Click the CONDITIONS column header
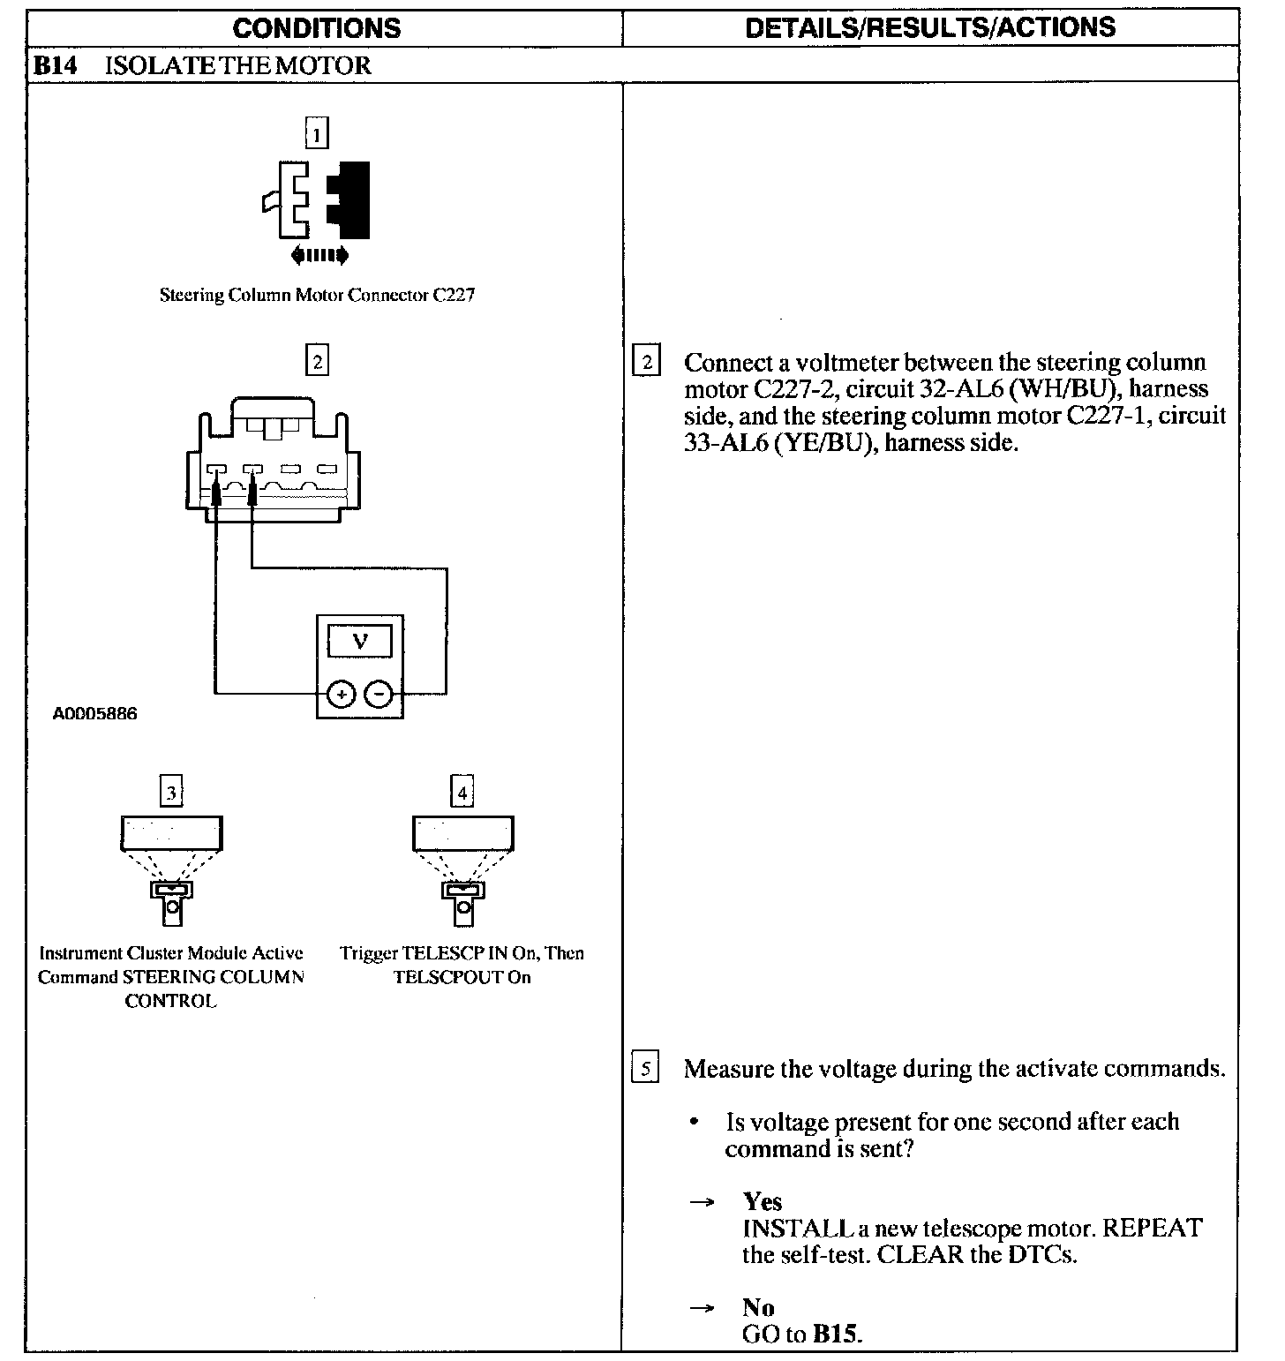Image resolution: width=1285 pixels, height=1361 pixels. click(x=316, y=28)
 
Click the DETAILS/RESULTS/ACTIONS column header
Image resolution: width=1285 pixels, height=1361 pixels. click(x=930, y=28)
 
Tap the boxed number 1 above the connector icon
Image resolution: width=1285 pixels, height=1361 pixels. click(x=316, y=134)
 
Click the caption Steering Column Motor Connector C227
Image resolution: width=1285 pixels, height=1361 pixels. click(x=317, y=296)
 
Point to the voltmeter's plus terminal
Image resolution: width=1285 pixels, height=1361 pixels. click(x=341, y=695)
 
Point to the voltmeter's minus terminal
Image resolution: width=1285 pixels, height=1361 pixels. click(x=379, y=695)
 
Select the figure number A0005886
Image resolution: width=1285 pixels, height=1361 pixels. click(x=95, y=714)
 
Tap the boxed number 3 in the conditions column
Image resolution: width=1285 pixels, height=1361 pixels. click(x=171, y=792)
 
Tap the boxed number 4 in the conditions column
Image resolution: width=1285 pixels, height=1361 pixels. click(x=462, y=792)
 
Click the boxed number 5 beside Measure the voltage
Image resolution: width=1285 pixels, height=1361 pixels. click(x=645, y=1069)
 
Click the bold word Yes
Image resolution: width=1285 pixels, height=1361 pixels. click(x=763, y=1201)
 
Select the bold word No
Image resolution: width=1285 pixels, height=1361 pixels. click(x=758, y=1307)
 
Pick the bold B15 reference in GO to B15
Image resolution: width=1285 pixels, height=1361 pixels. click(x=834, y=1334)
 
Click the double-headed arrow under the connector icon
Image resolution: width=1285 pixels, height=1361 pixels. click(x=319, y=256)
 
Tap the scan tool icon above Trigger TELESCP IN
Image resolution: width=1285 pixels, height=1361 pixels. click(x=462, y=869)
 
